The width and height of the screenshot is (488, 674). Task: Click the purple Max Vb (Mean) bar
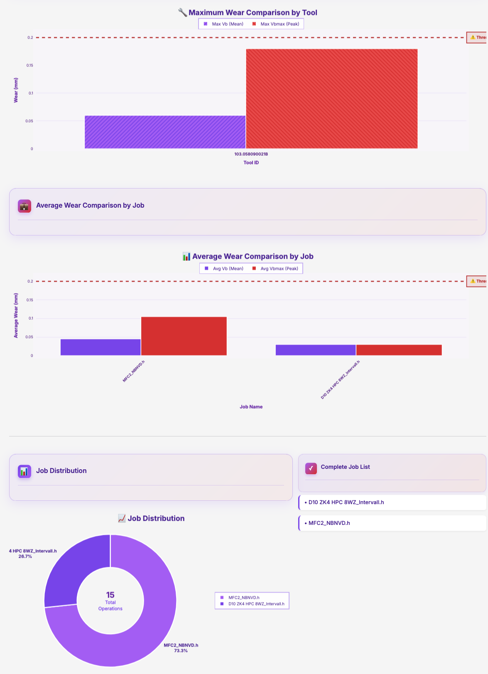165,132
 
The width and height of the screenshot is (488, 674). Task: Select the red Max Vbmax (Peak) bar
331,98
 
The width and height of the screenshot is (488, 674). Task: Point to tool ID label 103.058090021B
251,154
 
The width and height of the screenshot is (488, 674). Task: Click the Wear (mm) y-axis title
16,90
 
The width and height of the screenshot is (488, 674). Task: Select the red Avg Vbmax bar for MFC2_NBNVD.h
184,336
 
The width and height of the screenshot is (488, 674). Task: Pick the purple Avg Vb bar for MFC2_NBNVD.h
101,347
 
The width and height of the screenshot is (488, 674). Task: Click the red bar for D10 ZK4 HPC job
399,350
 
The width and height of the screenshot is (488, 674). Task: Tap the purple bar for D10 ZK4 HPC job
316,350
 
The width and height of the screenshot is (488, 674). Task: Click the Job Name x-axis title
251,407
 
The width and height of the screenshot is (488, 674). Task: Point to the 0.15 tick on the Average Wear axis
30,300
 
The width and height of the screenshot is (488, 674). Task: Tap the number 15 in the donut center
110,595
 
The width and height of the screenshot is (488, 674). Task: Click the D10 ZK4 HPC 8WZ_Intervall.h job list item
346,502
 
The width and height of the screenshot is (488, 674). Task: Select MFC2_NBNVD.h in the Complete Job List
329,523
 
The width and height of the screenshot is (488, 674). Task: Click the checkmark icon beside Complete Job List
311,468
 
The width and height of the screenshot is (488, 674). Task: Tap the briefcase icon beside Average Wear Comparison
25,206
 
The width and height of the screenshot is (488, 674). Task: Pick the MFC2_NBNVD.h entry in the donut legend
243,598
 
